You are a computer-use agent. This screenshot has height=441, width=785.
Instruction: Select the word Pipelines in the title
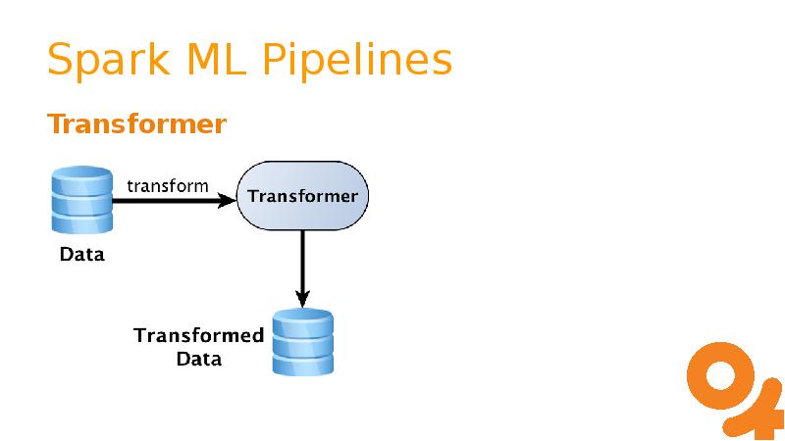pyautogui.click(x=357, y=60)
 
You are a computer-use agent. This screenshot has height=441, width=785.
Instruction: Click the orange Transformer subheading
pyautogui.click(x=137, y=124)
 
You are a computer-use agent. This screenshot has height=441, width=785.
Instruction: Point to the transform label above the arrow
pyautogui.click(x=168, y=184)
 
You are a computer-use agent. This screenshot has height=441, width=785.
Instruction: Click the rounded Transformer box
pyautogui.click(x=302, y=196)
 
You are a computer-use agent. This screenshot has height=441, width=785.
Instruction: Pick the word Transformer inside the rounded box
pyautogui.click(x=302, y=196)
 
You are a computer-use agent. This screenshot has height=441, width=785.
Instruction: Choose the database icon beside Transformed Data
pyautogui.click(x=303, y=343)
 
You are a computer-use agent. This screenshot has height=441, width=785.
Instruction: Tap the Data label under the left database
pyautogui.click(x=81, y=257)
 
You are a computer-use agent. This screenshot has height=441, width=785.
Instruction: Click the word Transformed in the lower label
pyautogui.click(x=198, y=336)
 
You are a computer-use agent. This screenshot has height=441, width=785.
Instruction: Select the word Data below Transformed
pyautogui.click(x=198, y=359)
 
